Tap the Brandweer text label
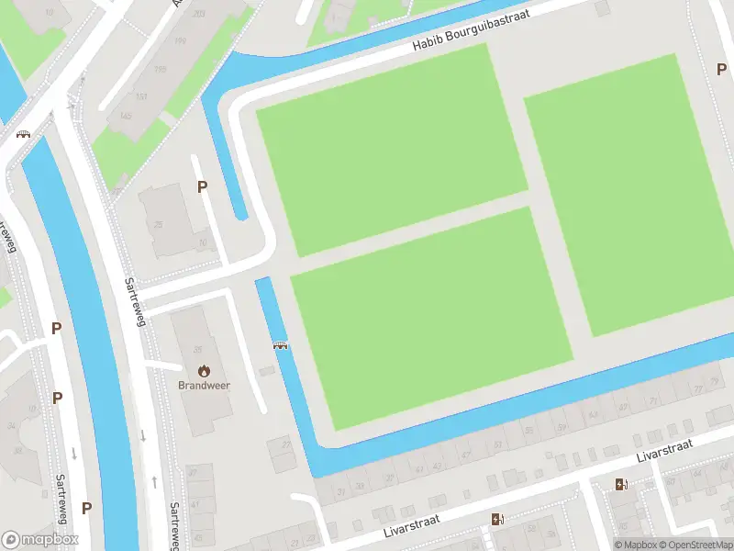point(204,385)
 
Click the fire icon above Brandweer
point(204,370)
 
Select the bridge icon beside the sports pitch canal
point(281,346)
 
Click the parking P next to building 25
point(203,186)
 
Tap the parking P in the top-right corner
point(721,69)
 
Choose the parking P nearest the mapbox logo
point(86,508)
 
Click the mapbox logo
point(39,539)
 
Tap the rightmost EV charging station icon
point(621,485)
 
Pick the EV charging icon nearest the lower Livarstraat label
point(497,520)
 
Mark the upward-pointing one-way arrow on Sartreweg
point(154,481)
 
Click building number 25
point(158,225)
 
